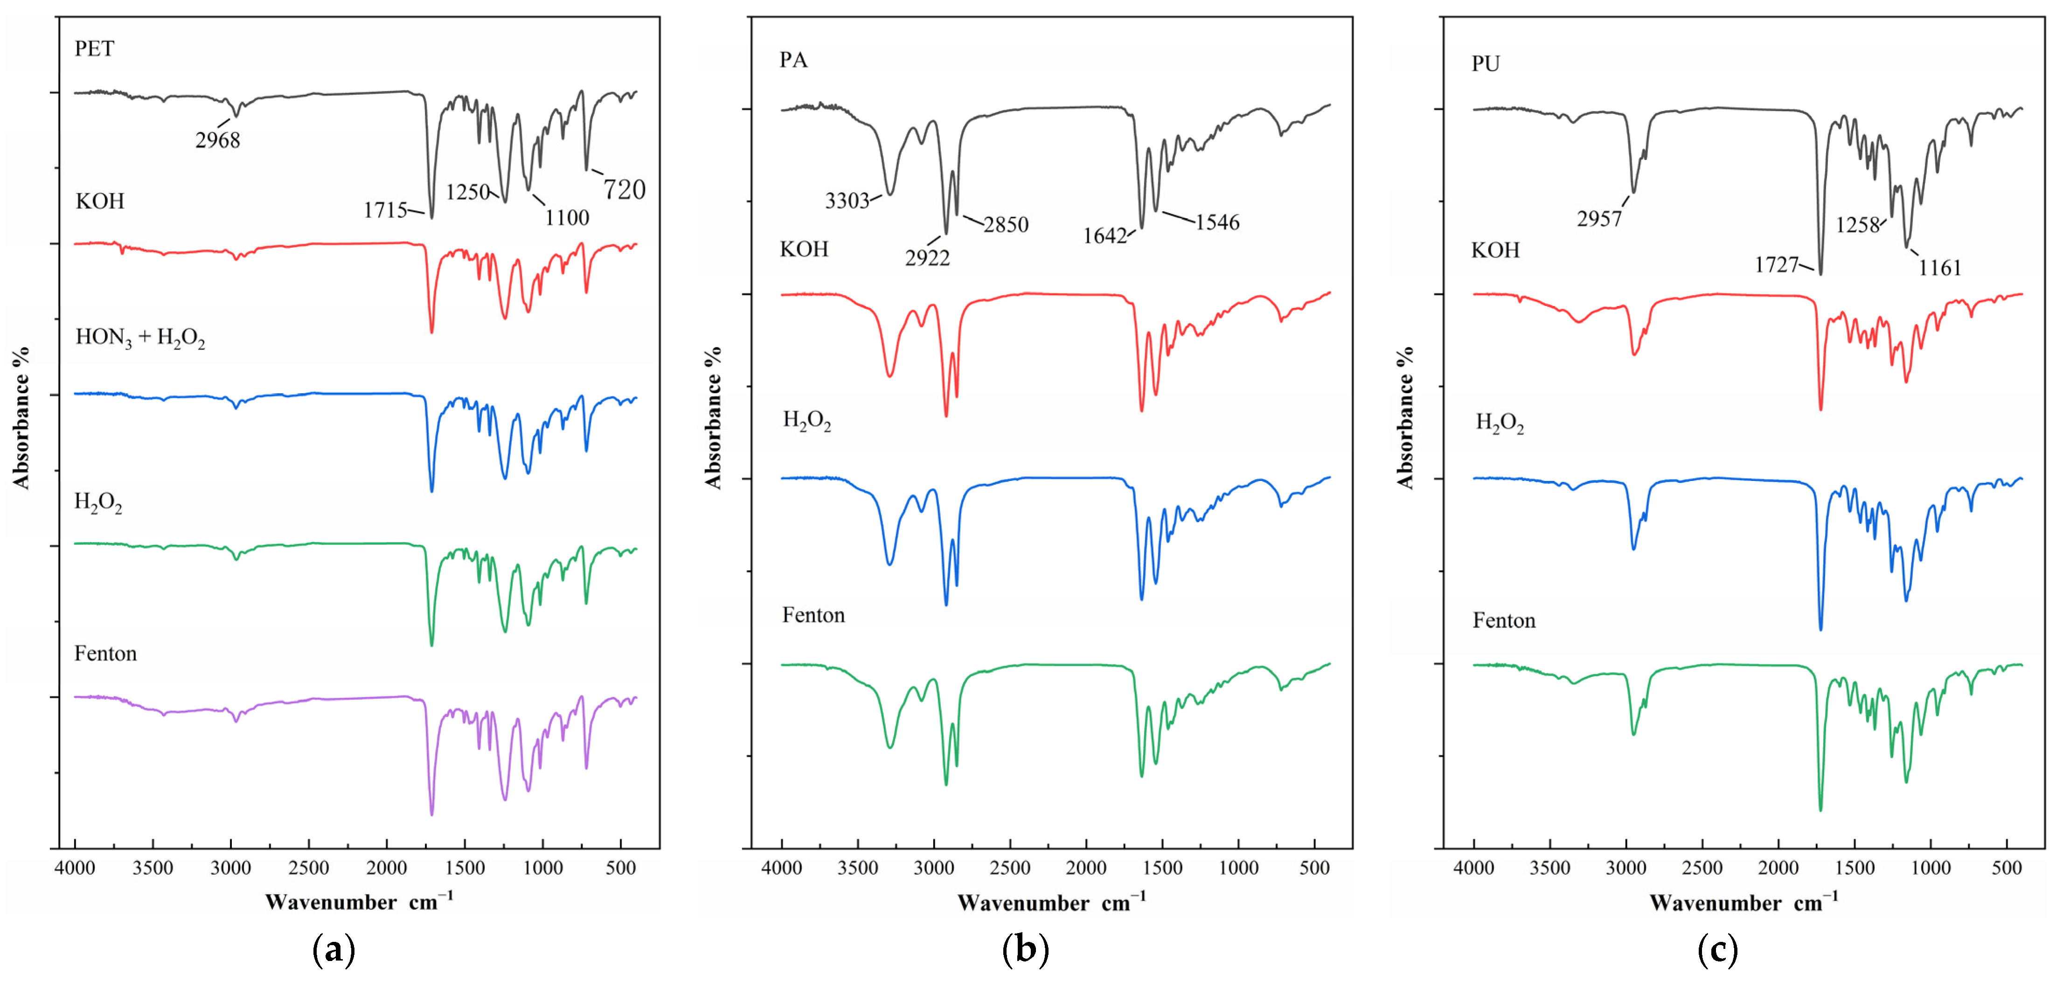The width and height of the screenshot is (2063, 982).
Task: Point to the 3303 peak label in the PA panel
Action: [x=847, y=200]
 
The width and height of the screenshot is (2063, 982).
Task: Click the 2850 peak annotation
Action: [x=1006, y=224]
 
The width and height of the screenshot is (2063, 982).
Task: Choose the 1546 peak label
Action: [x=1217, y=222]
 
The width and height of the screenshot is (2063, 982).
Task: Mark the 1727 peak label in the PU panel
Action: [x=1776, y=265]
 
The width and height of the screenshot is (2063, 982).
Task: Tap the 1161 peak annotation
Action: [x=1940, y=267]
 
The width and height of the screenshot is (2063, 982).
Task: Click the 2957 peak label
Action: [x=1599, y=219]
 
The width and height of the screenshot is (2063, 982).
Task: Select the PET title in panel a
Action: [x=95, y=49]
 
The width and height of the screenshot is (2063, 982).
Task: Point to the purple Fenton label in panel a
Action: [x=106, y=654]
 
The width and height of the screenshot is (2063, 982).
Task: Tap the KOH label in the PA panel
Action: [x=804, y=249]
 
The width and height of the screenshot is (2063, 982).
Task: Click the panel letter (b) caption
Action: [x=1025, y=950]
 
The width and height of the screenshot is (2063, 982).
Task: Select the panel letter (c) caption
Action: [x=1718, y=950]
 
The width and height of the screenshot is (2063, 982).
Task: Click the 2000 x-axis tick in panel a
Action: [x=387, y=868]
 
